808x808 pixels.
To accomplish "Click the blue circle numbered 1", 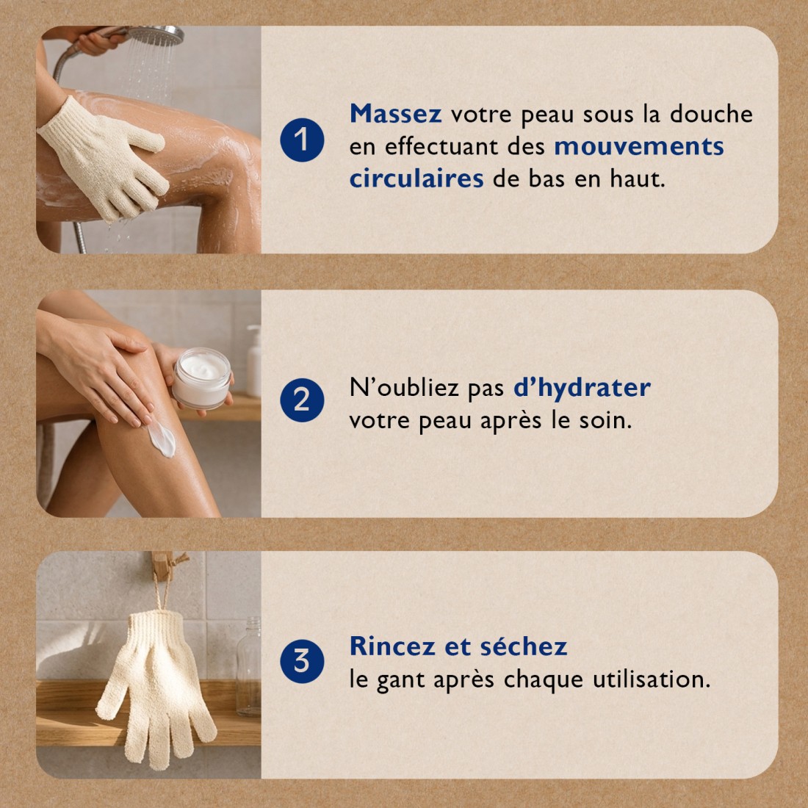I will pyautogui.click(x=302, y=140).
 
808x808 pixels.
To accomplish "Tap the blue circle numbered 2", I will pyautogui.click(x=302, y=400).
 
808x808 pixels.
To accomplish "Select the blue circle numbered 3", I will pyautogui.click(x=302, y=660).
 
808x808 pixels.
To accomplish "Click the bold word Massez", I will pyautogui.click(x=395, y=114).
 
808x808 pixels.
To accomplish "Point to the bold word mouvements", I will pyautogui.click(x=638, y=146).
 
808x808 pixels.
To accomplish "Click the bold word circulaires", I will pyautogui.click(x=416, y=178).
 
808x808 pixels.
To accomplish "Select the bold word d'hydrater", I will pyautogui.click(x=582, y=387).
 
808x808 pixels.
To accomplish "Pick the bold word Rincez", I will pyautogui.click(x=393, y=646).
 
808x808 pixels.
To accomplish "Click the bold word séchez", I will pyautogui.click(x=523, y=646).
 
